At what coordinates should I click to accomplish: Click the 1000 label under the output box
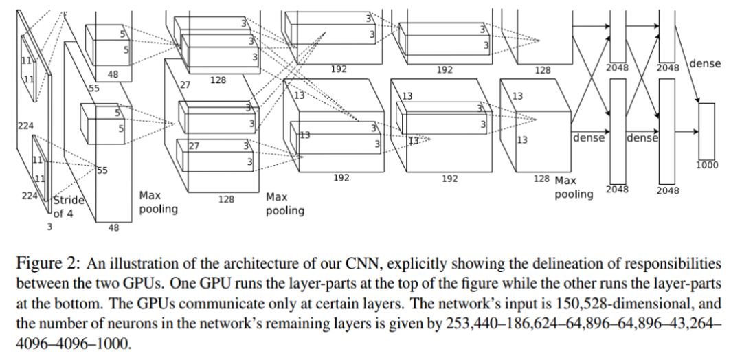[707, 165]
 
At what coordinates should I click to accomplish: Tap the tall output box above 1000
[707, 131]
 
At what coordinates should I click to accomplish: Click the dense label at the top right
[705, 63]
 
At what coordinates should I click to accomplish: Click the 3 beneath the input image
[49, 226]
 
